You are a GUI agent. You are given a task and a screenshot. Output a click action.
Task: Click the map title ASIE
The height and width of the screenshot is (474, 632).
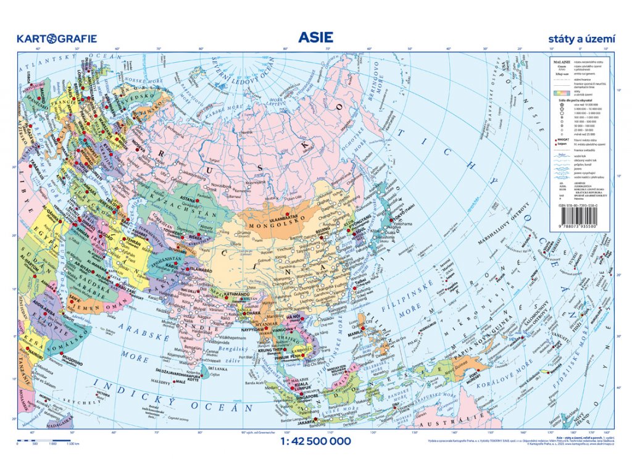click(x=315, y=37)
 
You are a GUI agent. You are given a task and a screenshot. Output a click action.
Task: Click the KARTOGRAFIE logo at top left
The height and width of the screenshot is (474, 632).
click(x=57, y=38)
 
